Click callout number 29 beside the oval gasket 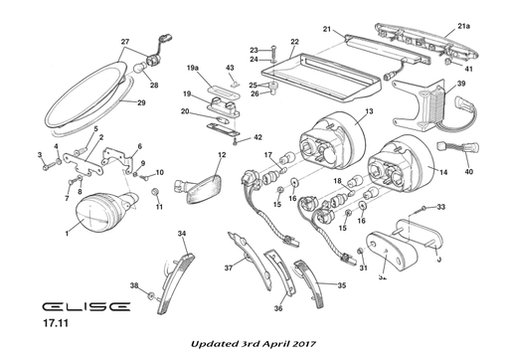(x=140, y=103)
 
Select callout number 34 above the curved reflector (x=182, y=234)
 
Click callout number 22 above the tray (x=294, y=43)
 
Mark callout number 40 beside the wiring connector (x=469, y=171)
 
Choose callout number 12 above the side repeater (x=222, y=155)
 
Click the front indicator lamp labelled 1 (x=100, y=212)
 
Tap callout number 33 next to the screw (x=441, y=208)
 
